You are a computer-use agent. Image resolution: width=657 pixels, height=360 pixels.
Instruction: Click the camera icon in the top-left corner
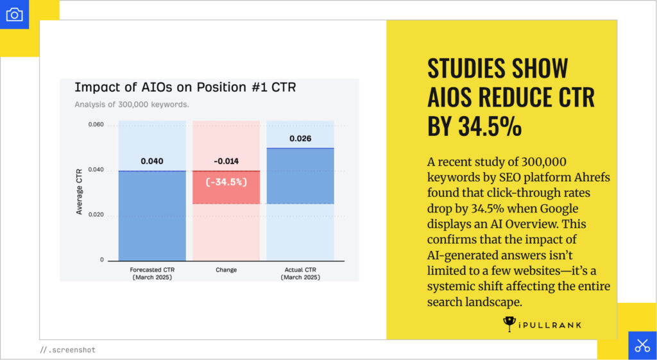point(14,14)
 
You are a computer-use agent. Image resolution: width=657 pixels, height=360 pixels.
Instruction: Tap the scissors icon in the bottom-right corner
point(642,345)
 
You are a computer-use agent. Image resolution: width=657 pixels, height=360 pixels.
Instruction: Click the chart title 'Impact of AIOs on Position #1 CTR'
point(185,87)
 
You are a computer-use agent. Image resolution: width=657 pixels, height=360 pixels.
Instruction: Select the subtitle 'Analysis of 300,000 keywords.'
point(132,104)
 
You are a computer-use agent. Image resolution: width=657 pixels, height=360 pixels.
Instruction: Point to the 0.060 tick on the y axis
point(96,124)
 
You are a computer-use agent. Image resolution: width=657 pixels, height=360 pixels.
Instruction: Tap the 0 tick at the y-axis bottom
point(101,260)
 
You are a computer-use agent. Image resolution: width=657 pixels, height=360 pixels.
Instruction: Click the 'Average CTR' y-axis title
point(80,193)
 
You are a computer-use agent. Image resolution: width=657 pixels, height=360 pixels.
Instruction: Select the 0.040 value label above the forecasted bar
point(152,161)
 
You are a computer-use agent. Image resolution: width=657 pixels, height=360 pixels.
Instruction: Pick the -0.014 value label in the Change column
point(226,161)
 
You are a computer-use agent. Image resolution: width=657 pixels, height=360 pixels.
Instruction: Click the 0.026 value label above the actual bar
point(300,139)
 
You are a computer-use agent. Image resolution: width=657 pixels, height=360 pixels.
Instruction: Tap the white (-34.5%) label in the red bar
point(226,182)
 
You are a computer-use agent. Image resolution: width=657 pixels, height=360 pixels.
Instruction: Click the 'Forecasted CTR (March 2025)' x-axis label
point(152,273)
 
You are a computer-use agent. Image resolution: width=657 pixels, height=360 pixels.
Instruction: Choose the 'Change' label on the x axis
point(226,270)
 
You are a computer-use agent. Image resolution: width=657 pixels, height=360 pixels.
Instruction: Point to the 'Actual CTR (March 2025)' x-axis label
point(300,273)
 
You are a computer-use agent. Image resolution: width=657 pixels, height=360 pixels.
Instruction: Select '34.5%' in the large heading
point(490,126)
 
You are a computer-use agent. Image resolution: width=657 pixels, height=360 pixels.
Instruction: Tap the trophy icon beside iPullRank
point(509,324)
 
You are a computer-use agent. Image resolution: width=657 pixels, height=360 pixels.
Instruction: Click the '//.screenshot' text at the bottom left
point(67,350)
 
